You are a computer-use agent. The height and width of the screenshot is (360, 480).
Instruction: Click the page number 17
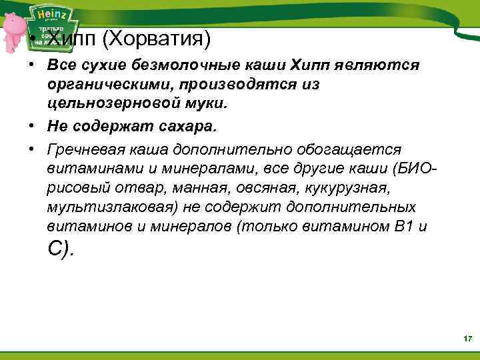click(x=467, y=340)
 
